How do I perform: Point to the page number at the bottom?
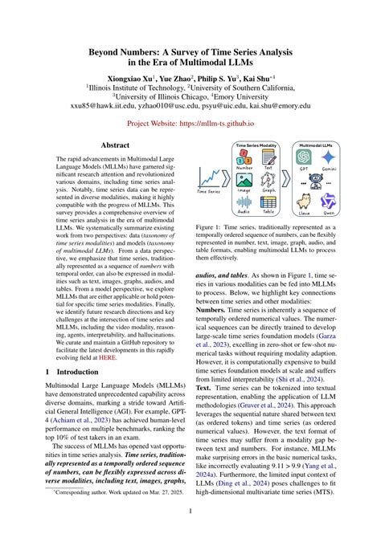[190, 510]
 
